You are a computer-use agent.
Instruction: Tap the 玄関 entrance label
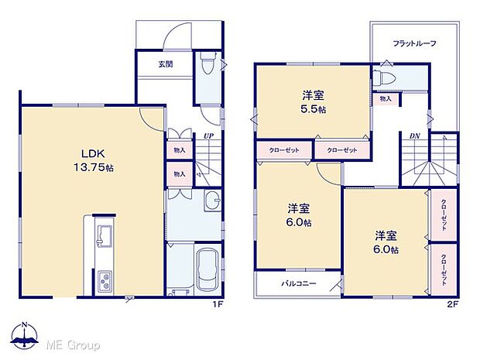(155, 64)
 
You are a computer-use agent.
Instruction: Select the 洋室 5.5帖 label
(313, 102)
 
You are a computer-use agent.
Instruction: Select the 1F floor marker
(218, 303)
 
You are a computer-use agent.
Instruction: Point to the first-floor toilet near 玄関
(207, 68)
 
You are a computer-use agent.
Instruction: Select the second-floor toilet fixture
(385, 78)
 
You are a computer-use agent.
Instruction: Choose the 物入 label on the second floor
(386, 98)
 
